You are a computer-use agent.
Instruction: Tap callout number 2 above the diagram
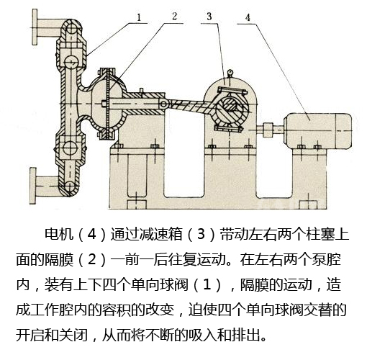[x=175, y=13]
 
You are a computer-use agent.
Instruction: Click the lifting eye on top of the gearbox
[x=229, y=71]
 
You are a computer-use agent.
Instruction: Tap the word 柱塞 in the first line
[x=322, y=234]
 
